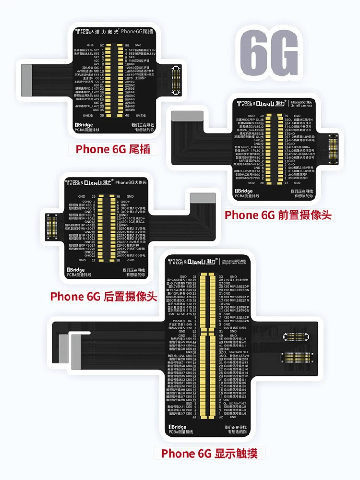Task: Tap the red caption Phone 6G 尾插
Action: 113,149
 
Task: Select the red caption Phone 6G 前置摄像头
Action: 278,215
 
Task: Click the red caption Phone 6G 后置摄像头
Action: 104,296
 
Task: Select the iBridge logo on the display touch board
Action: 178,426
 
